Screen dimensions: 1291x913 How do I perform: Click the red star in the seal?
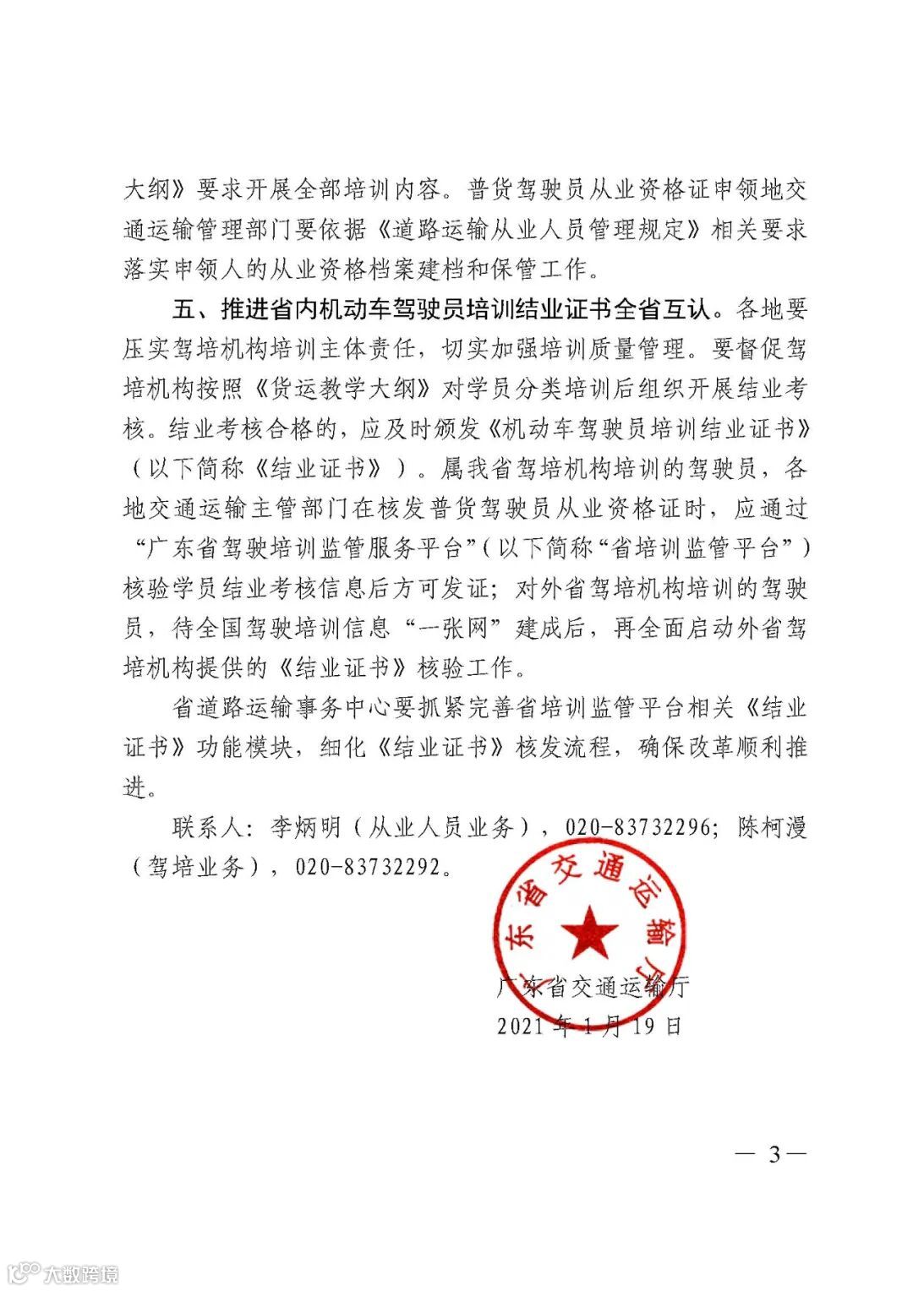[589, 930]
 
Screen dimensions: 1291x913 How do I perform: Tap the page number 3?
[774, 1154]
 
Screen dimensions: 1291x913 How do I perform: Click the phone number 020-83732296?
[637, 827]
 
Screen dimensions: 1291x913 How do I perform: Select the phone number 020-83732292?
[367, 867]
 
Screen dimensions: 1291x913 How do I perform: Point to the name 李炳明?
[305, 827]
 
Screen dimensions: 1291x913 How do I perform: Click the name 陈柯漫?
[773, 827]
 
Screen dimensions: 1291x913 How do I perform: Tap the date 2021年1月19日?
[589, 1026]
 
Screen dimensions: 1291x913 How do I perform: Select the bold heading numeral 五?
[184, 309]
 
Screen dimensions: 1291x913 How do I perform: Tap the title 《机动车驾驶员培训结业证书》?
[648, 429]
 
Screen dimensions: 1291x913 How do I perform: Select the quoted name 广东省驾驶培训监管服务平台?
[306, 548]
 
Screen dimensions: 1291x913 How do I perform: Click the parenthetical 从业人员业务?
[441, 827]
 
